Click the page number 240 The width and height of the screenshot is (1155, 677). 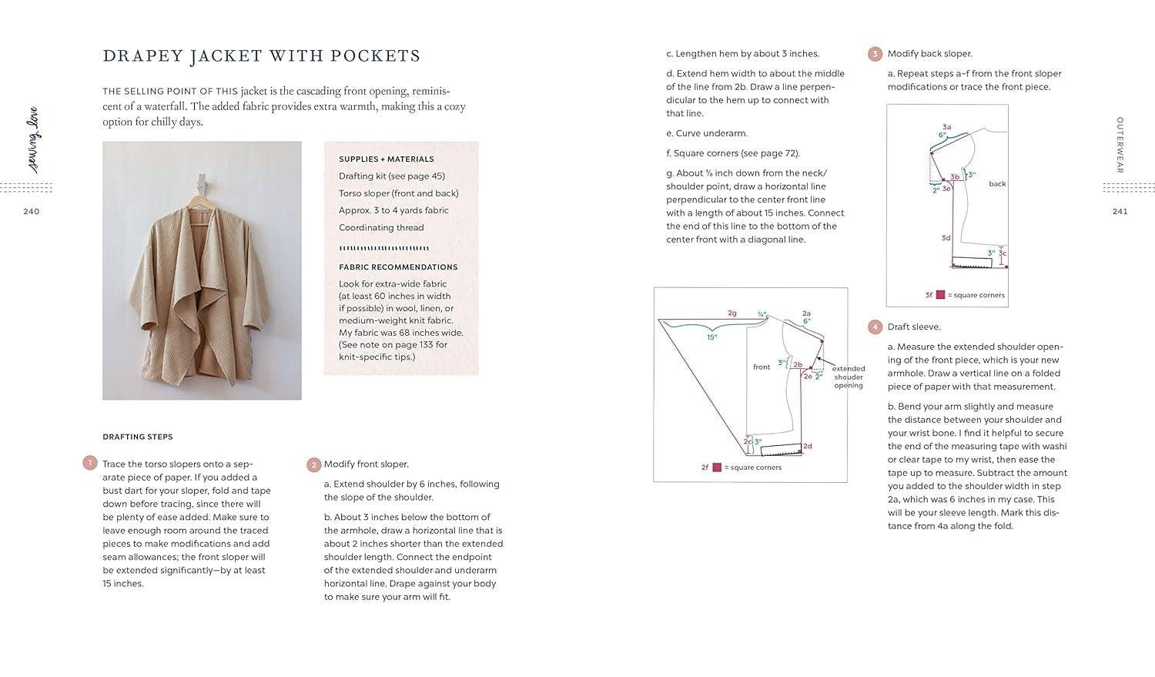pyautogui.click(x=31, y=212)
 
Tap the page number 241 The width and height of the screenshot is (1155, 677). pyautogui.click(x=1120, y=212)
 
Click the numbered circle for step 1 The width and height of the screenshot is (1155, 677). pyautogui.click(x=90, y=464)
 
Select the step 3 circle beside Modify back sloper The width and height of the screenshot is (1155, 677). pyautogui.click(x=875, y=54)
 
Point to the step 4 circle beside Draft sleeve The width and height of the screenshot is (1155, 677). pyautogui.click(x=875, y=327)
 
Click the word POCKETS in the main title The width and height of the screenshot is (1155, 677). pyautogui.click(x=375, y=56)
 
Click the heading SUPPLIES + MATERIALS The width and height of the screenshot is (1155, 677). pyautogui.click(x=387, y=159)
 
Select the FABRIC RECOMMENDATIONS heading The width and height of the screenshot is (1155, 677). pyautogui.click(x=398, y=267)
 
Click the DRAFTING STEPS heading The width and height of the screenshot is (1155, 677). pyautogui.click(x=138, y=437)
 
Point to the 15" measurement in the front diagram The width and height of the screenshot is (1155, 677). pyautogui.click(x=712, y=337)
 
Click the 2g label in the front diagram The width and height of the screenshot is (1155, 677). pyautogui.click(x=732, y=313)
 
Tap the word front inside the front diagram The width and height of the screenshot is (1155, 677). pyautogui.click(x=762, y=367)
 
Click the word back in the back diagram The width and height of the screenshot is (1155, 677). pyautogui.click(x=997, y=184)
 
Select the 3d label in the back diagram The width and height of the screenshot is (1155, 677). pyautogui.click(x=946, y=238)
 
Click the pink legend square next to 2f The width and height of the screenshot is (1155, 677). pyautogui.click(x=717, y=468)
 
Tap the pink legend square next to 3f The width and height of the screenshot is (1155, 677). pyautogui.click(x=940, y=295)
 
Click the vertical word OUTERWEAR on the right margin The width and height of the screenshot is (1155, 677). pyautogui.click(x=1120, y=145)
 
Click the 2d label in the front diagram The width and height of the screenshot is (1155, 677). pyautogui.click(x=808, y=447)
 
